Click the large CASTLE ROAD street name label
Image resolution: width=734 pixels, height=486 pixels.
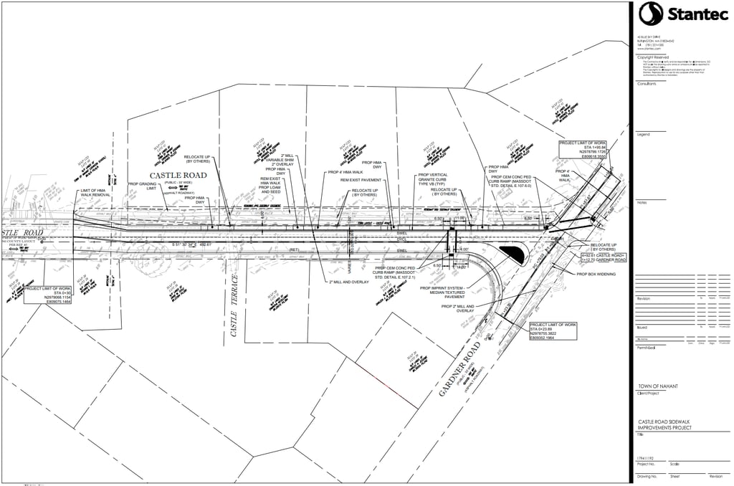(178, 175)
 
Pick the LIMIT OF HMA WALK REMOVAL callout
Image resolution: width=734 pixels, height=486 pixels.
(95, 192)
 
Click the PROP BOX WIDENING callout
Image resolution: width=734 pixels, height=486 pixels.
(596, 274)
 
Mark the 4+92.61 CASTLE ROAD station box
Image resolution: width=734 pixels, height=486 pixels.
(603, 257)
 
